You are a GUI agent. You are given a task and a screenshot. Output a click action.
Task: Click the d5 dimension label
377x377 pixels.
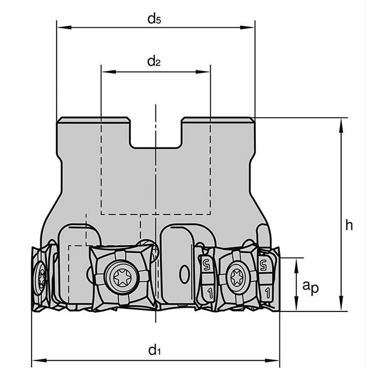coord(155,19)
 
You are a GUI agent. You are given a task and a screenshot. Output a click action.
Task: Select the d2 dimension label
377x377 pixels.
coord(154,61)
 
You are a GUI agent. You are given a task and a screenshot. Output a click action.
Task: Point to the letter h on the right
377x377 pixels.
coord(349,225)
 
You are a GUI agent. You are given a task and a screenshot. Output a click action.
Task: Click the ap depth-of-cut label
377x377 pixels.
coord(311,286)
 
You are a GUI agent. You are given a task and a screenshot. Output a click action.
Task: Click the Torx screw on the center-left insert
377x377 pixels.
coord(122,276)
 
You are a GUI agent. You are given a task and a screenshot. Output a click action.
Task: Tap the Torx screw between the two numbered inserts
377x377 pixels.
coord(238,277)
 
